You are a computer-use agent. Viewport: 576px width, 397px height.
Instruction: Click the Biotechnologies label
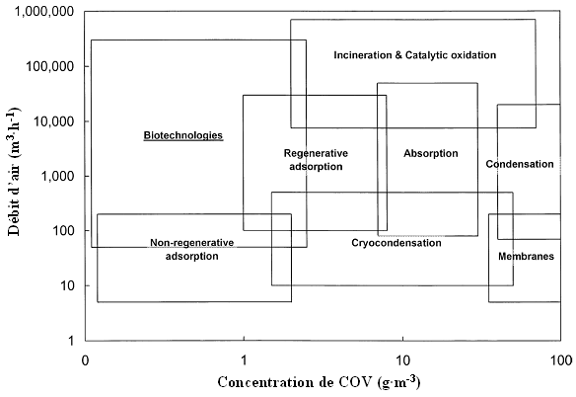point(182,135)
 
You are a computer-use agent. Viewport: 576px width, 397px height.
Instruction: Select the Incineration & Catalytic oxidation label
point(414,55)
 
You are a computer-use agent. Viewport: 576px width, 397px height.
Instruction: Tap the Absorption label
point(431,153)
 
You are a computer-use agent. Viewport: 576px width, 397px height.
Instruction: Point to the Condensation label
point(520,164)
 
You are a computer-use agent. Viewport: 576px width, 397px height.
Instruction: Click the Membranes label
point(526,256)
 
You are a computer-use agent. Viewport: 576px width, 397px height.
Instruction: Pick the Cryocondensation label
point(396,243)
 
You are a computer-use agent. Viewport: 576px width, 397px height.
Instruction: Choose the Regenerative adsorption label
point(316,160)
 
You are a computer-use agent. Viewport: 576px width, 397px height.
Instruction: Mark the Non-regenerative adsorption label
point(191,249)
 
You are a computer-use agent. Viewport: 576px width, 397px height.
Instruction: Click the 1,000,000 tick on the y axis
point(44,12)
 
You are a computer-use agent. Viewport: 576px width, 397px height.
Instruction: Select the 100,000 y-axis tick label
point(50,66)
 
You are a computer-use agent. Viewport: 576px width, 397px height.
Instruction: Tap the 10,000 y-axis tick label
point(54,121)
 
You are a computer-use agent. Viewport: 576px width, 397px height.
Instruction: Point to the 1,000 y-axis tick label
point(58,176)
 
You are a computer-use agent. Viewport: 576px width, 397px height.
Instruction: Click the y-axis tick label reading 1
point(71,341)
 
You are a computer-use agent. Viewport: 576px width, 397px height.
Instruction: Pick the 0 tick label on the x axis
point(85,360)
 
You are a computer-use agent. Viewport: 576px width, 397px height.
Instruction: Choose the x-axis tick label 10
point(403,360)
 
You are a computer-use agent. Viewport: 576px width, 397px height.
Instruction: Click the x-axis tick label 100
point(561,360)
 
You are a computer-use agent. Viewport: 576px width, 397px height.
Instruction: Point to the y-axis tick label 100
point(63,231)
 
